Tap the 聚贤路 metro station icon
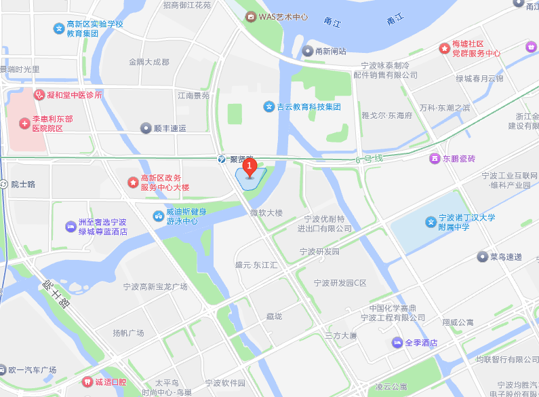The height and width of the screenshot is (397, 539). tap(222, 158)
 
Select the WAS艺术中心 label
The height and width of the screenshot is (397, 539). tap(283, 16)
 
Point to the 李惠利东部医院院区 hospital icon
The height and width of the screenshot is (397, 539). tap(24, 124)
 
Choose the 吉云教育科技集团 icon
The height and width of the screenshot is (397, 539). tap(268, 107)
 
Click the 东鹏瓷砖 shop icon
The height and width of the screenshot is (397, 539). tap(434, 159)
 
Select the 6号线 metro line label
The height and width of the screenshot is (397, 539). tap(370, 159)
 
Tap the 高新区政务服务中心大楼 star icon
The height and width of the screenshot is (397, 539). tap(133, 182)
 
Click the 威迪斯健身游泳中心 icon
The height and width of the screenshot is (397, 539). tap(158, 216)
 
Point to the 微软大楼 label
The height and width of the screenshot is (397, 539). tap(266, 213)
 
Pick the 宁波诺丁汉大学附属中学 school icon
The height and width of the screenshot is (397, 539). tap(430, 222)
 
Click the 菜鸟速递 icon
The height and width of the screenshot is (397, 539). tap(483, 257)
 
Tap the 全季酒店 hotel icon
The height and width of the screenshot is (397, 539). tap(397, 343)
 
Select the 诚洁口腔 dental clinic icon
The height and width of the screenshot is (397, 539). tap(86, 382)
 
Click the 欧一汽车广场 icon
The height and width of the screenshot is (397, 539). tap(3, 371)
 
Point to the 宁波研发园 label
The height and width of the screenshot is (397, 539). tap(319, 252)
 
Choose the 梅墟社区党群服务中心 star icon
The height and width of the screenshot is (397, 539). tap(444, 48)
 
